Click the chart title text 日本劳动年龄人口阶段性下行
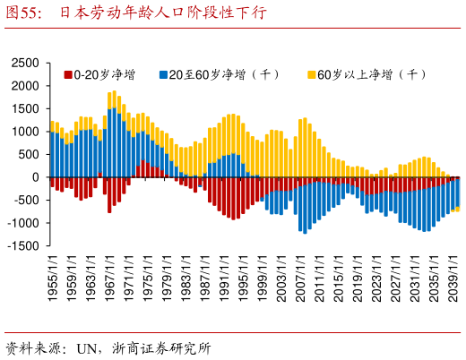(x=162, y=13)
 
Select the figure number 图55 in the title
(x=24, y=13)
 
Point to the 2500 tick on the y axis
(x=27, y=64)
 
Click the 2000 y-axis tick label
(x=27, y=86)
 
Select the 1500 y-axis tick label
(x=27, y=109)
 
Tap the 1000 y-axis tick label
(x=27, y=132)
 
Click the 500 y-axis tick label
(x=30, y=155)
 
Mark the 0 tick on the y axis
(x=37, y=177)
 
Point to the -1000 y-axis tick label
(x=25, y=223)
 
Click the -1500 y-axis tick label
(x=25, y=246)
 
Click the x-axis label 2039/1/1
(x=453, y=278)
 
